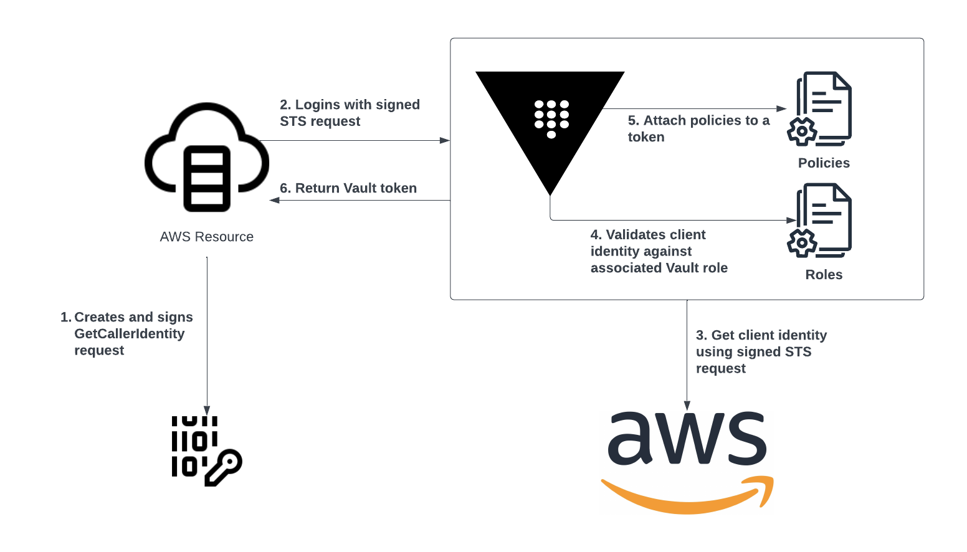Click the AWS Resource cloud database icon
coord(206,159)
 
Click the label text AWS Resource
coord(206,237)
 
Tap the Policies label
coord(824,163)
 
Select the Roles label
coord(824,275)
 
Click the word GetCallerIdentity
coord(130,334)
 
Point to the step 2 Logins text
coord(350,113)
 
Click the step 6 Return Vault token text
coord(348,188)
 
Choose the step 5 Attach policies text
coord(698,128)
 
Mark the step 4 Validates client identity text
coord(659,251)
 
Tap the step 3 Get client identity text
coord(761,351)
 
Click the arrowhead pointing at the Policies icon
coord(782,109)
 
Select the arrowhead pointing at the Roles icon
coord(791,220)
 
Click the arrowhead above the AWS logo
coord(687,406)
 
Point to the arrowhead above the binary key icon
coord(207,410)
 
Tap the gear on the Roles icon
coord(802,242)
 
